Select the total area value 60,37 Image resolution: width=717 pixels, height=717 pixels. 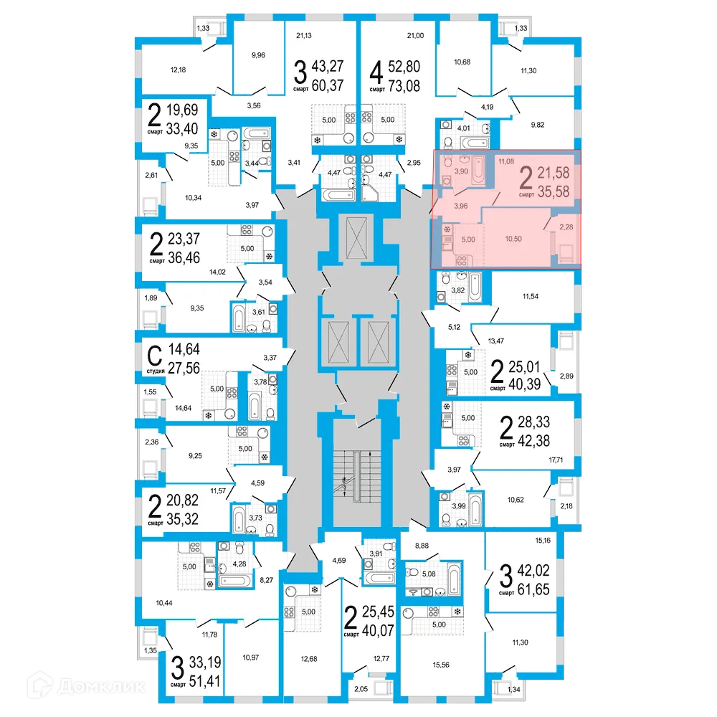click(326, 87)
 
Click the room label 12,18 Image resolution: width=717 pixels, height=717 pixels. click(179, 70)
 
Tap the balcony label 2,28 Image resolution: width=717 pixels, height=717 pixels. click(566, 227)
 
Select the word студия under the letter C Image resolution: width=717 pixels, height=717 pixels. click(156, 371)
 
